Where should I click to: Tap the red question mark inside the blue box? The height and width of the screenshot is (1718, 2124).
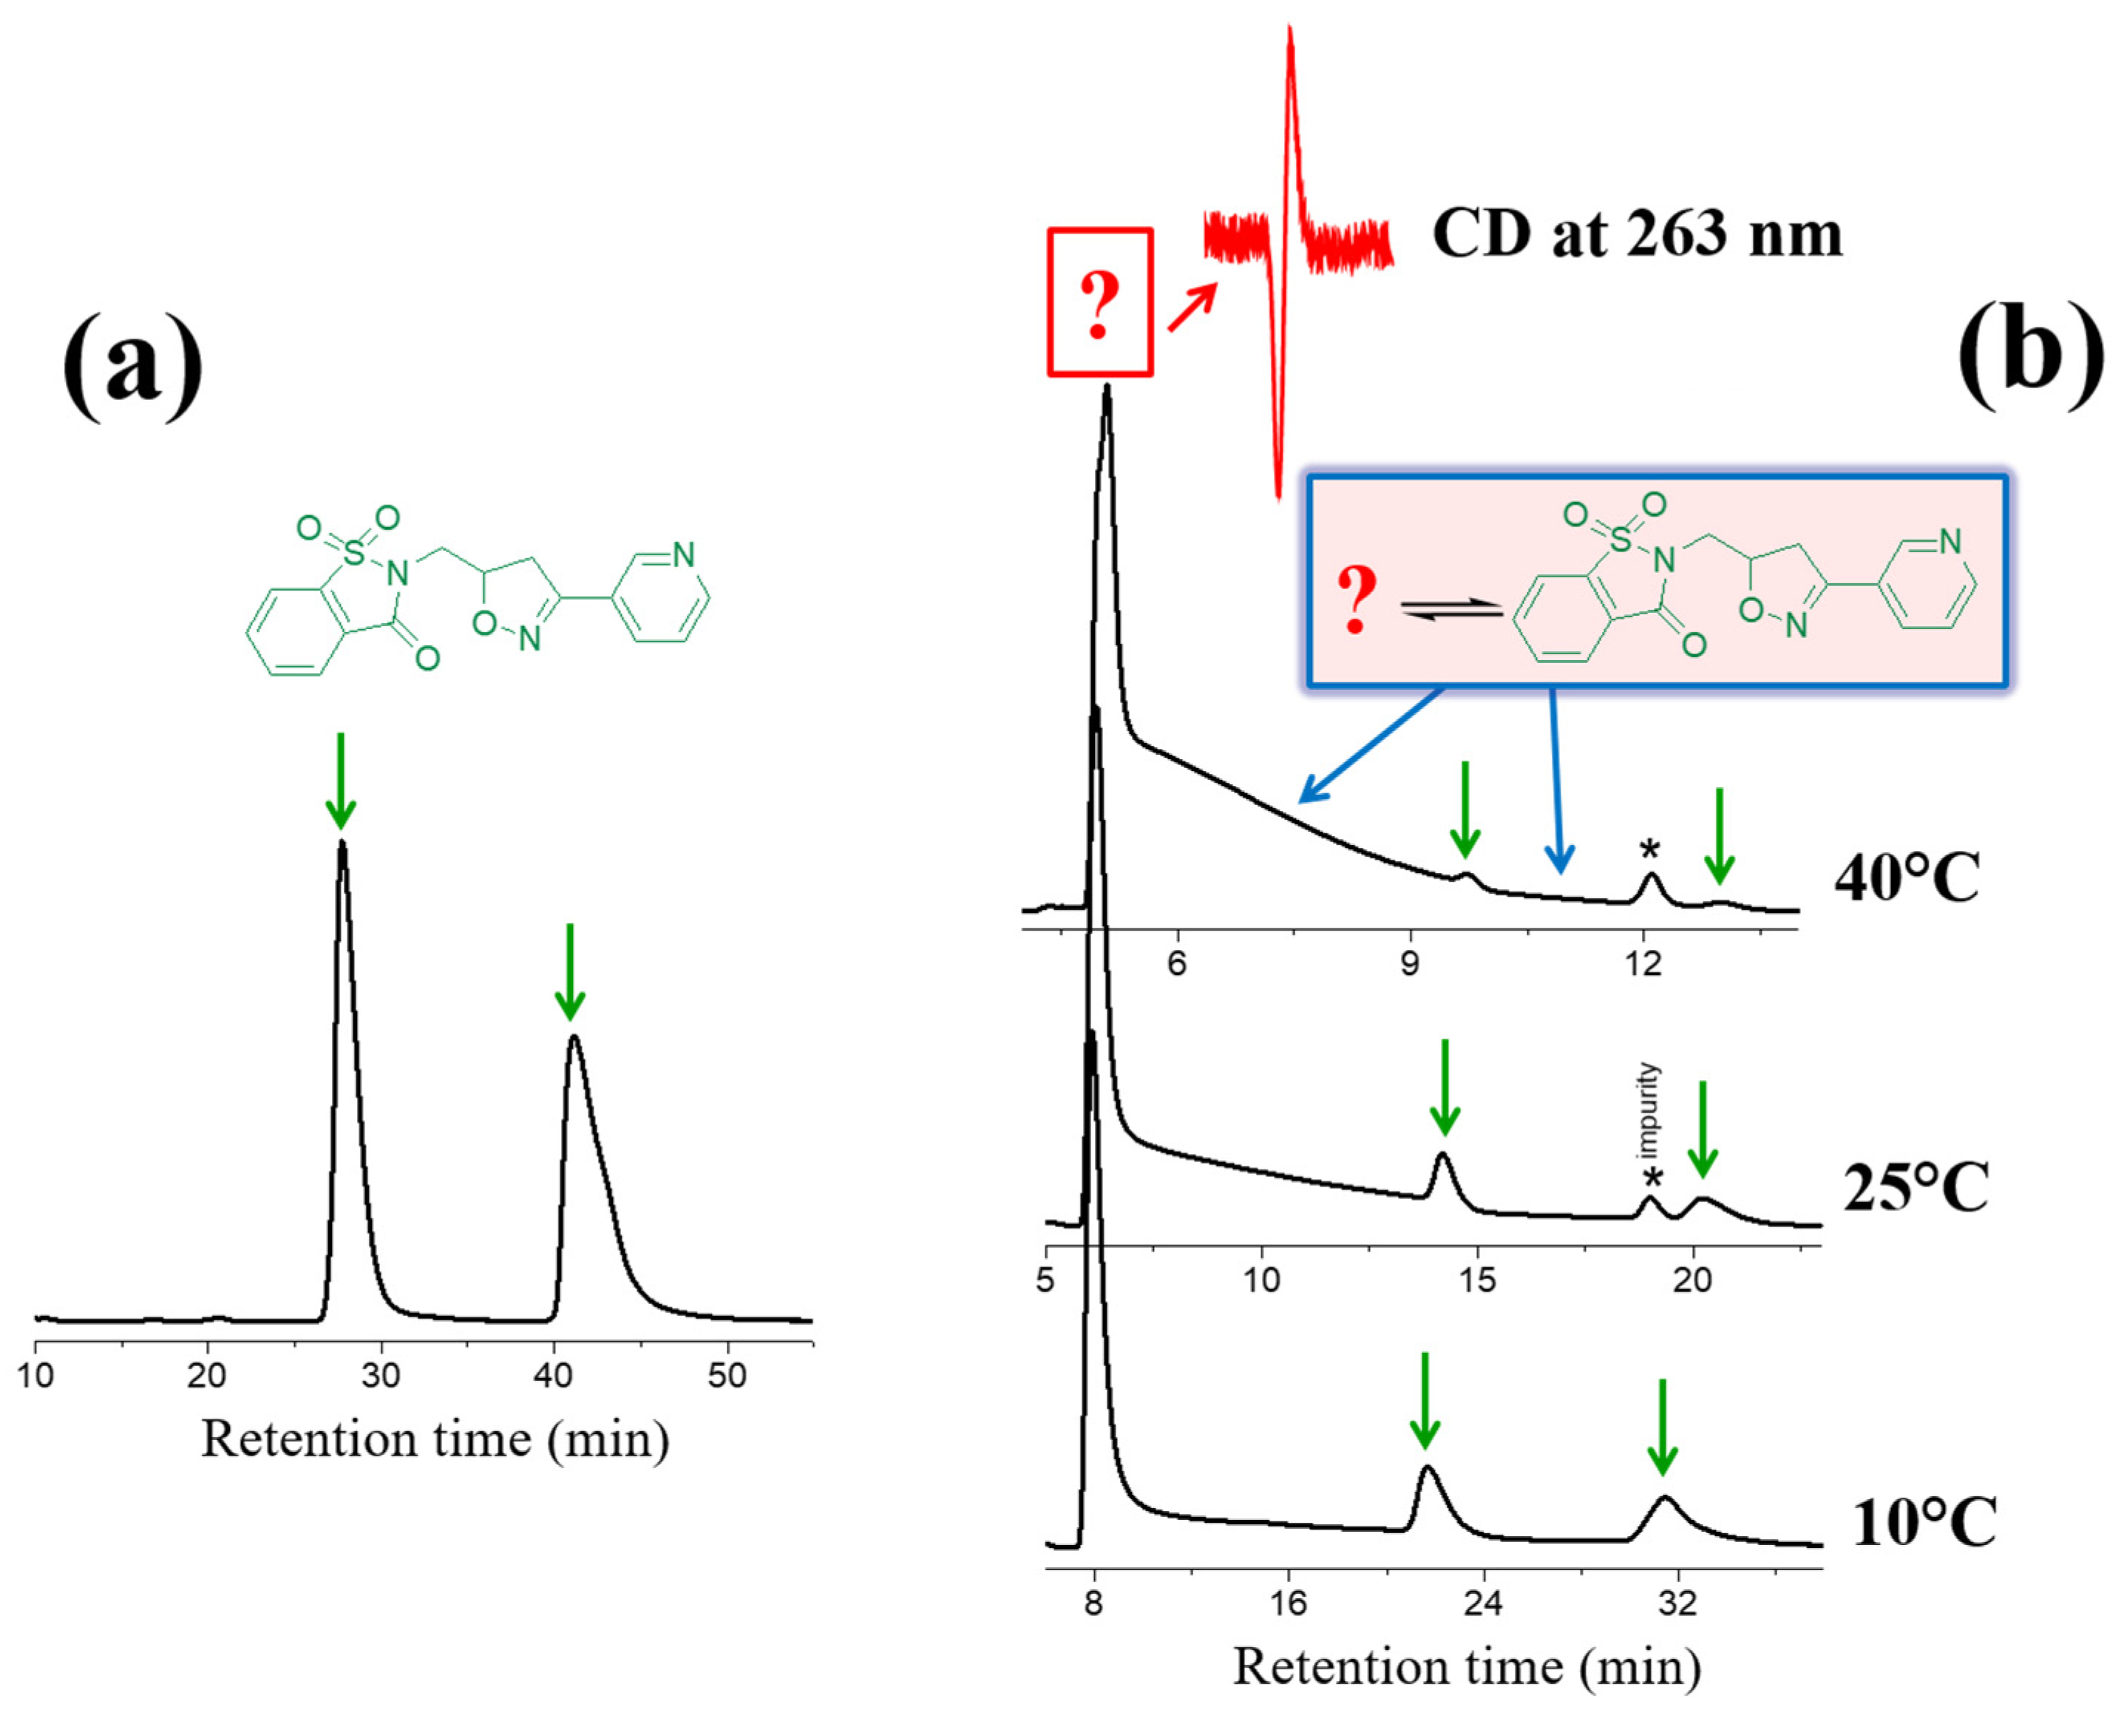tap(1356, 600)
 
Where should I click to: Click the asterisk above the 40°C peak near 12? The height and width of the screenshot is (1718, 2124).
tap(1649, 849)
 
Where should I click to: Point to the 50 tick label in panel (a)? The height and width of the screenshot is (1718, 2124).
tap(727, 1376)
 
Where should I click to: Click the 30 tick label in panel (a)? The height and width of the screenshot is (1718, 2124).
tap(380, 1376)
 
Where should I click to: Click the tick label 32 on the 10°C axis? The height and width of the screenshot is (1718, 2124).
tap(1677, 1602)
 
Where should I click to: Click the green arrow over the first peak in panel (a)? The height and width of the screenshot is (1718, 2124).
tap(341, 782)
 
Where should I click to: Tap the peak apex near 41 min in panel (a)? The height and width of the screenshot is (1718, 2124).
tap(573, 1037)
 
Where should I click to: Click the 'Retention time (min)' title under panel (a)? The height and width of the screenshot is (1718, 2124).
tap(435, 1440)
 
